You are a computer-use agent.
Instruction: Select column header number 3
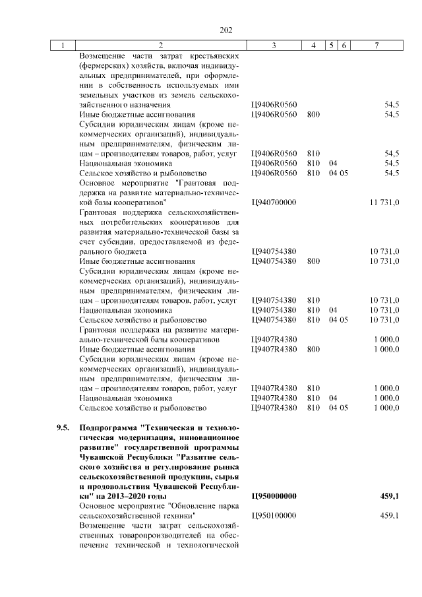coord(274,46)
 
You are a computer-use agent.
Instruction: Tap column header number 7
coord(375,46)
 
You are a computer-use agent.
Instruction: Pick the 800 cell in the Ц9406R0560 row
coord(313,114)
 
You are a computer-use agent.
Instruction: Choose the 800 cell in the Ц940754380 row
coord(313,261)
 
